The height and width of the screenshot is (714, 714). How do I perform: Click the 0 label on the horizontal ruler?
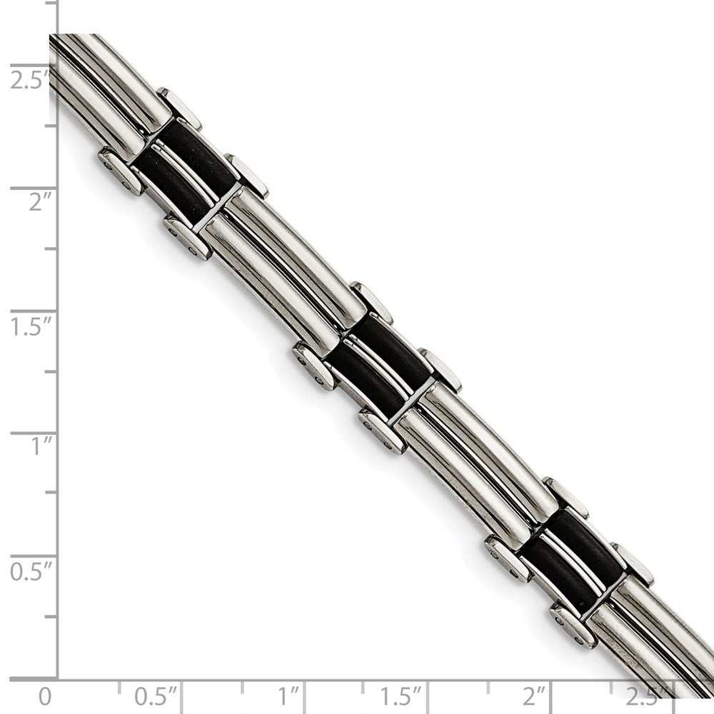pos(44,695)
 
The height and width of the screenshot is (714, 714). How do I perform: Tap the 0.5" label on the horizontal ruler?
pos(155,695)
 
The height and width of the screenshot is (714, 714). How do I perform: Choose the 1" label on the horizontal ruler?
pos(288,695)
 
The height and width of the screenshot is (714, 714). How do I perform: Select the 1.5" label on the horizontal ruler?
pos(401,695)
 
